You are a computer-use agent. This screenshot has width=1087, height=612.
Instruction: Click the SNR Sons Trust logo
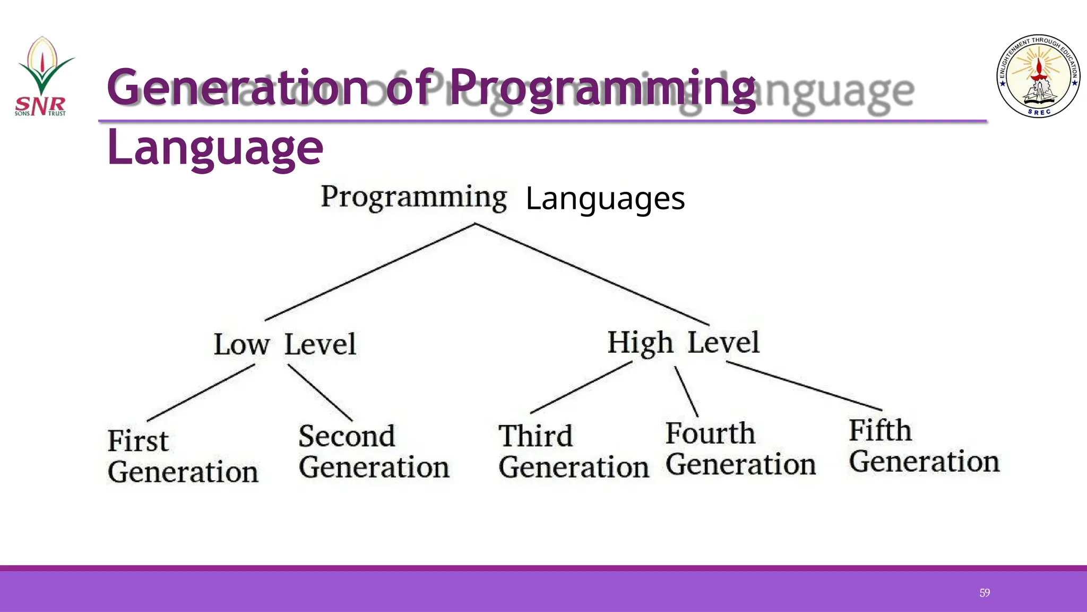click(x=42, y=77)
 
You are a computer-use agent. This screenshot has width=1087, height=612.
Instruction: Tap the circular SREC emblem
click(x=1039, y=76)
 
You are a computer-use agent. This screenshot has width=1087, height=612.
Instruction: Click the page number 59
click(x=985, y=593)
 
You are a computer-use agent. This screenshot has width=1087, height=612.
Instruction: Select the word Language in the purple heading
click(x=215, y=148)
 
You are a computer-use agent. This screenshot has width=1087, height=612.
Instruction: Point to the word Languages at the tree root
click(x=605, y=199)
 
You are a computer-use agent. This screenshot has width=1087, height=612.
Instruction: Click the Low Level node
click(x=285, y=344)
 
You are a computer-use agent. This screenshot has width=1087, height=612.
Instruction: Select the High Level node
click(x=684, y=343)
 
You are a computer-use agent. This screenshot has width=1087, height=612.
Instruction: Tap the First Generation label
click(x=183, y=456)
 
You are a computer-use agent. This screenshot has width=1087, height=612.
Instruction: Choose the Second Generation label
click(x=374, y=452)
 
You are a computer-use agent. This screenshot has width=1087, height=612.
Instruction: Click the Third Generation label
click(x=573, y=452)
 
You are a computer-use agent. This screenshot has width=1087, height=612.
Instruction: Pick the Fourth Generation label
click(x=740, y=449)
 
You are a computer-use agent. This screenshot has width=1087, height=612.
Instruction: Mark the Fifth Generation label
click(x=924, y=446)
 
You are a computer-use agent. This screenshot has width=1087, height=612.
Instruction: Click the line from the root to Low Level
click(x=370, y=272)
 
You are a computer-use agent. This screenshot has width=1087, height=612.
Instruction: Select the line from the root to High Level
click(x=592, y=274)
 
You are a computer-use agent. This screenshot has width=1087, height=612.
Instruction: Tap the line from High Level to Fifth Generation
click(x=804, y=386)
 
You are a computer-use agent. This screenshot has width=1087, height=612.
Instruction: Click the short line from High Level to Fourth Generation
click(x=686, y=392)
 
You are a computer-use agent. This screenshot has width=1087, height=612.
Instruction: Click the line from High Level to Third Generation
click(x=581, y=387)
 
